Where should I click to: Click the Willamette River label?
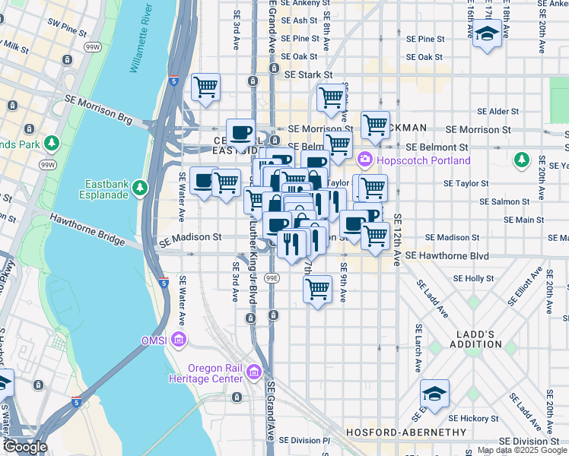coord(141,38)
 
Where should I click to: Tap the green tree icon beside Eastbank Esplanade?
coord(139,187)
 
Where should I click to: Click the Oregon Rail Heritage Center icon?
coord(253,372)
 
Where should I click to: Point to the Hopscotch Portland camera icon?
coord(364,160)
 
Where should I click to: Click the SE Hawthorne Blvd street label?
coord(447,256)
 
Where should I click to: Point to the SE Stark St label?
coord(309,74)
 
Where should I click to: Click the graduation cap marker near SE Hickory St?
coord(434,394)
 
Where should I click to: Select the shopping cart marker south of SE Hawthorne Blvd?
coord(317,289)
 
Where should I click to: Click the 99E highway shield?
coord(272,279)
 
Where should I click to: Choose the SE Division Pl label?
coord(304,440)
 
